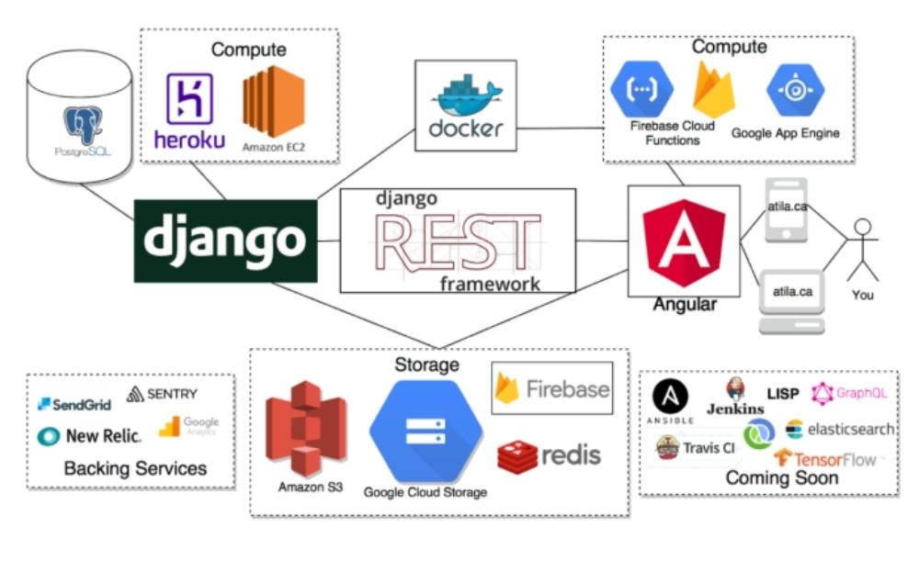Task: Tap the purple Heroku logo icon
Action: [189, 98]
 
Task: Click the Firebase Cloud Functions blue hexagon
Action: [641, 90]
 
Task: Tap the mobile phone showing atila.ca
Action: [786, 210]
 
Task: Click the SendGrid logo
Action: [74, 404]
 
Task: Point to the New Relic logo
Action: [89, 436]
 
